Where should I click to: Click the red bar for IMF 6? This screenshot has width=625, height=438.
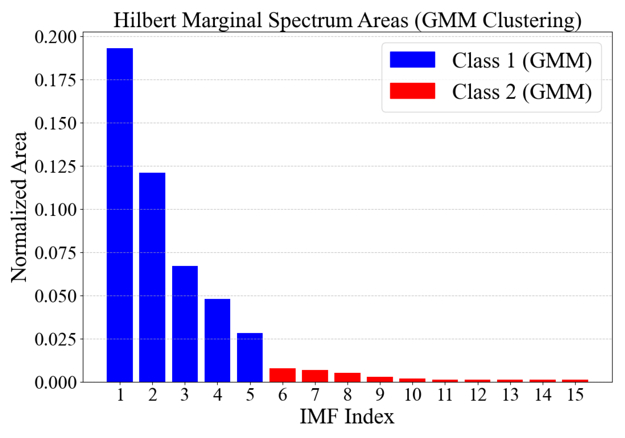tap(282, 375)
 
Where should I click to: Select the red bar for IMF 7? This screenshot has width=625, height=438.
tap(315, 376)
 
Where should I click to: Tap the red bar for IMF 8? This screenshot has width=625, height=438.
tap(347, 377)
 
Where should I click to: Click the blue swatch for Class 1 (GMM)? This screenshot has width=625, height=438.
tap(412, 60)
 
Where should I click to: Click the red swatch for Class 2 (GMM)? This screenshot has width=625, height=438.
tap(412, 91)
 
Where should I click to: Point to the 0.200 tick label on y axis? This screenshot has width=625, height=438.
tap(55, 37)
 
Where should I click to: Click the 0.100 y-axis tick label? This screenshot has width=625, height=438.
tap(55, 210)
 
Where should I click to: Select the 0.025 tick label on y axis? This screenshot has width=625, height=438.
tap(55, 339)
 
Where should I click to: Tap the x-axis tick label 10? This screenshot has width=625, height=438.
tap(412, 395)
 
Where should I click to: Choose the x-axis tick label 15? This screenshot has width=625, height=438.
tap(575, 395)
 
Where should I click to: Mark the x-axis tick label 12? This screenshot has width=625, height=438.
tap(477, 395)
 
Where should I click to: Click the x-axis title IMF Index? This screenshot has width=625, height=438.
tap(347, 417)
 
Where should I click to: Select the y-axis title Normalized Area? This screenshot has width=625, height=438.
tap(19, 207)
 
